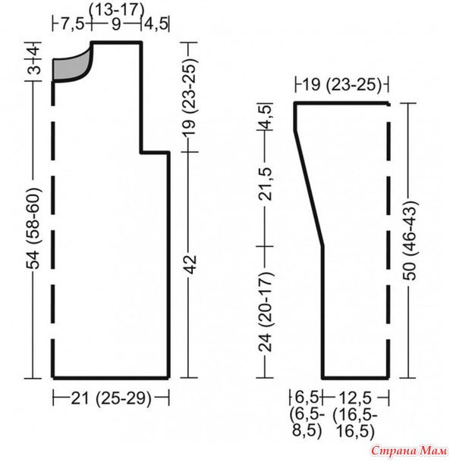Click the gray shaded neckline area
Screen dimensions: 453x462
pos(69,68)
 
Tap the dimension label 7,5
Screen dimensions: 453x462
pos(73,24)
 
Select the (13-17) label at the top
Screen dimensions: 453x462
pos(117,10)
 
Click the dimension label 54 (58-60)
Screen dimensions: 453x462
pos(33,228)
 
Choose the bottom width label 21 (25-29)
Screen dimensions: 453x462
pos(111,398)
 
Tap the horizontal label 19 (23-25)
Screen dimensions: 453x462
pos(341,85)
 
